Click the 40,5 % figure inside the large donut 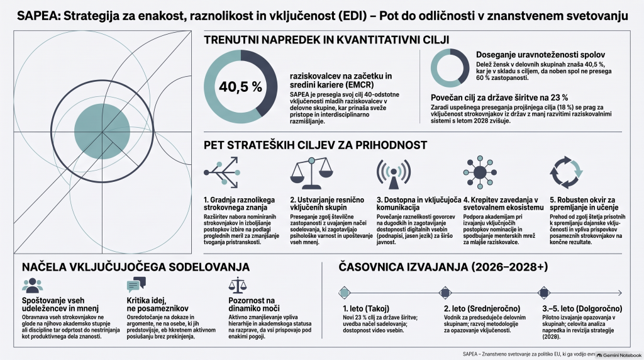click(240, 87)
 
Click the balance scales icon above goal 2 click(311, 172)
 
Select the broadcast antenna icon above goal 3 click(394, 173)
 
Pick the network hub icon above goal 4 click(480, 172)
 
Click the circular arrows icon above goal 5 click(566, 172)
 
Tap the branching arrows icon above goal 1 click(222, 172)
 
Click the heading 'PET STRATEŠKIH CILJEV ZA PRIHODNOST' click(316, 145)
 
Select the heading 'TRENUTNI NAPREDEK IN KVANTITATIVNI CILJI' click(326, 40)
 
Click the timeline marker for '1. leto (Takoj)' click(345, 293)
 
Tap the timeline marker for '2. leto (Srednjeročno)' click(445, 293)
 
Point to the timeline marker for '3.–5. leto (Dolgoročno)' click(544, 293)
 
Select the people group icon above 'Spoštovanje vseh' click(33, 285)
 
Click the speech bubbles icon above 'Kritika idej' click(136, 284)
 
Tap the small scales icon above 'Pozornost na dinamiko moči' click(237, 285)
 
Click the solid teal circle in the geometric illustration click(103, 131)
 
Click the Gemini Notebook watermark click(619, 355)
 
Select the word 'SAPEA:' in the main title click(38, 16)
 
